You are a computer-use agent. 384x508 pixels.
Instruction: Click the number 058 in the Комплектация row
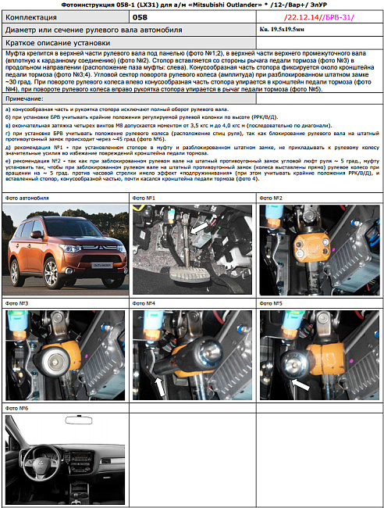tap(140, 16)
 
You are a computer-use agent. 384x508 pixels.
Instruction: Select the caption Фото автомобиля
tap(27, 199)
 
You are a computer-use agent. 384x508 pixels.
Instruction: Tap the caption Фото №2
tap(272, 199)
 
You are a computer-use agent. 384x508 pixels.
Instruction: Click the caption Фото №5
tap(272, 303)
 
